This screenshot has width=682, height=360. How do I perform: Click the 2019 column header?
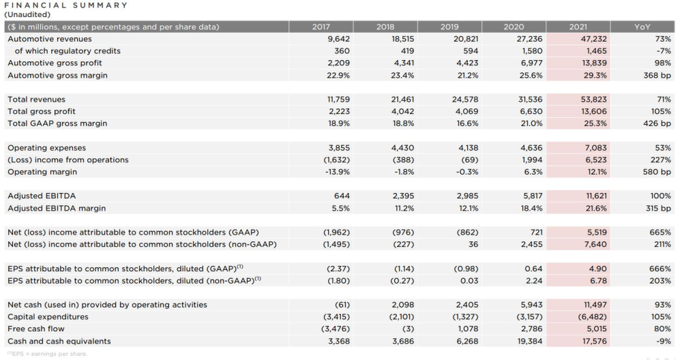click(x=449, y=27)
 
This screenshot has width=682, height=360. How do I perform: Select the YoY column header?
click(x=642, y=27)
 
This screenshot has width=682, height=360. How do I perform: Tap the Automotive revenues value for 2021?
click(x=594, y=39)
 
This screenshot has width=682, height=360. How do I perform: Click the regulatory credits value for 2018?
click(x=407, y=51)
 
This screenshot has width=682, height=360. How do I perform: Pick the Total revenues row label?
click(x=37, y=100)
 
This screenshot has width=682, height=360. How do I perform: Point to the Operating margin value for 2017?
click(x=337, y=172)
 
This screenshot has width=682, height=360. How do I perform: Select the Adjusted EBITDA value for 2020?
click(x=533, y=196)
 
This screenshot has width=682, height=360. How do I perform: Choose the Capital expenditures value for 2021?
click(x=592, y=317)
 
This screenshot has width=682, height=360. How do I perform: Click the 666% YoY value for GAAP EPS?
click(x=659, y=269)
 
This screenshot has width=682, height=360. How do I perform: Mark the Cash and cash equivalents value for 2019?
click(x=467, y=342)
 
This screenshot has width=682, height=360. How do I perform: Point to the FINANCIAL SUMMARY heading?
click(x=65, y=5)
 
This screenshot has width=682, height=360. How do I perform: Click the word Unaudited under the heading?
click(x=27, y=15)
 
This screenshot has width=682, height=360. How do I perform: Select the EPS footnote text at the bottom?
click(x=47, y=354)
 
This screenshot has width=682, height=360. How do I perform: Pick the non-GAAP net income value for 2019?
click(x=473, y=244)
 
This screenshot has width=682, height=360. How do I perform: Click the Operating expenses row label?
click(x=46, y=148)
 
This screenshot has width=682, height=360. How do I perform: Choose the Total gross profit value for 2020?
click(x=531, y=112)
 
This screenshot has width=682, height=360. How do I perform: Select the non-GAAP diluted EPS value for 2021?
click(x=598, y=281)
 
